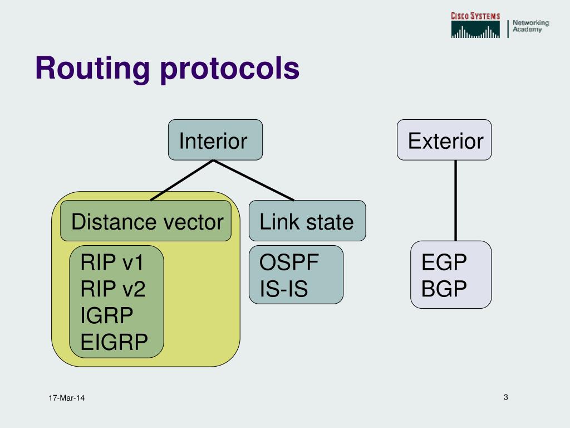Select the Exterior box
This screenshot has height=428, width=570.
click(444, 140)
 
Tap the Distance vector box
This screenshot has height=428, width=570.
click(146, 221)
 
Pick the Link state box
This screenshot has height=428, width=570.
click(307, 221)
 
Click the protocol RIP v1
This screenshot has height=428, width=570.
click(112, 262)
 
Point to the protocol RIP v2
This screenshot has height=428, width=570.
click(113, 289)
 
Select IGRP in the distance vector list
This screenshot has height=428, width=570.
click(107, 315)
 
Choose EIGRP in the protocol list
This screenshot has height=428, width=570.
click(114, 342)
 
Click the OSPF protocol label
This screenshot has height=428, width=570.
click(289, 262)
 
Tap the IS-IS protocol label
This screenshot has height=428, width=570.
click(284, 289)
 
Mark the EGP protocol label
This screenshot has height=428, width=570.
click(444, 262)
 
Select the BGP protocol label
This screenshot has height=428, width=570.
click(444, 289)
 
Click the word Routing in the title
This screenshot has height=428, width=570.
click(92, 69)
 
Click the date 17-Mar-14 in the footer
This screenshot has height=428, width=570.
click(66, 398)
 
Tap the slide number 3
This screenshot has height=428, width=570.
click(505, 397)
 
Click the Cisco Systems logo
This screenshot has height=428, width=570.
click(475, 26)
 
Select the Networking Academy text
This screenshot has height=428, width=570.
click(530, 26)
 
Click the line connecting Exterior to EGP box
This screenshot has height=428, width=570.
click(456, 201)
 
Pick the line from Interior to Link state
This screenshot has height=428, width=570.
click(254, 180)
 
